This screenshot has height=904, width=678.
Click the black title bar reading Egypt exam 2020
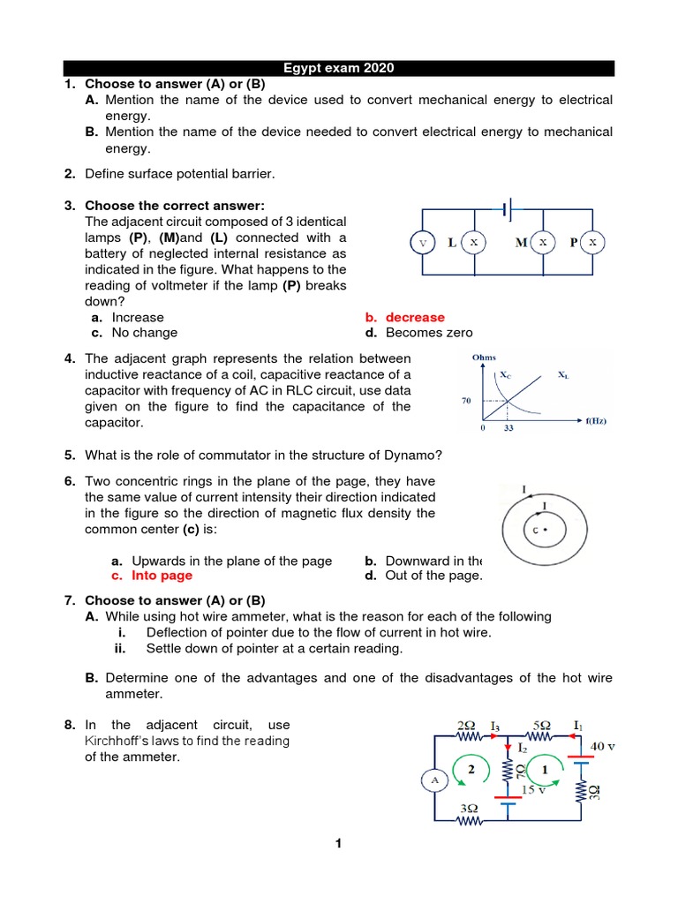pos(338,68)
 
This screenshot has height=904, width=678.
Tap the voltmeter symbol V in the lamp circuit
pos(422,242)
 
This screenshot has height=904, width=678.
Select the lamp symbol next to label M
pos(543,242)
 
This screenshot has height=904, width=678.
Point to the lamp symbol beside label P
pos(593,242)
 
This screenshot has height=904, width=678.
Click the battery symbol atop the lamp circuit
pos(507,209)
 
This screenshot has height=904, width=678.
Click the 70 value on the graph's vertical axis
pos(467,401)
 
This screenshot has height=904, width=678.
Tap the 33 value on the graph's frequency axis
pos(507,428)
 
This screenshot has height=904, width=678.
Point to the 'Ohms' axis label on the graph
pos(485,358)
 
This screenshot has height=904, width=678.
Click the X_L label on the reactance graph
pos(563,375)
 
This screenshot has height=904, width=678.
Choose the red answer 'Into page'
pos(162,576)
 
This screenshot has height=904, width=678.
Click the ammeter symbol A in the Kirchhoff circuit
pos(433,780)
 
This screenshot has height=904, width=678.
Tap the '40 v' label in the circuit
pos(602,746)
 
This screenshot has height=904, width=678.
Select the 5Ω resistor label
pos(538,726)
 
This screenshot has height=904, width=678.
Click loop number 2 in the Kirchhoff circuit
pos(471,769)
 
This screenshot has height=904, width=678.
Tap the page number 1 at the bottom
pos(337,844)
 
